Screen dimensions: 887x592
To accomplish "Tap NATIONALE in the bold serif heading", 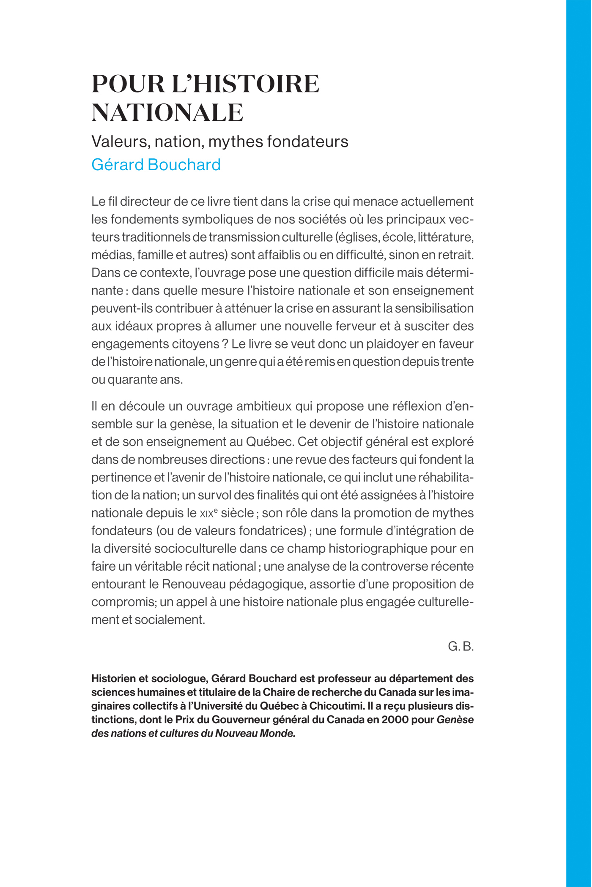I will coord(167,113).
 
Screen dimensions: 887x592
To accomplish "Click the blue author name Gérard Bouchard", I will coord(156,165).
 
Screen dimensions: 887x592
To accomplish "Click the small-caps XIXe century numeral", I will coord(208,513).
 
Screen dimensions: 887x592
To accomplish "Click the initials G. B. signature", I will coord(460,646).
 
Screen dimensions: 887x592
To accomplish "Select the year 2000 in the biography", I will coord(395,720).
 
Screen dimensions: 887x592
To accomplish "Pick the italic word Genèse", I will coord(455,720).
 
